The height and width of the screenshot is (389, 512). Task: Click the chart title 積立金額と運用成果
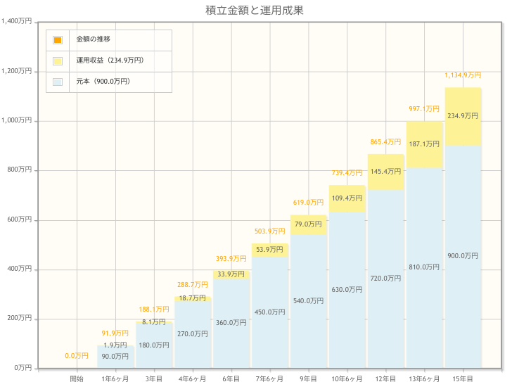[x=255, y=10]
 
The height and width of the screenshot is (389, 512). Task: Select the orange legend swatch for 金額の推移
[x=58, y=40]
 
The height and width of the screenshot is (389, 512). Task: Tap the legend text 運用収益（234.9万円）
[x=110, y=60]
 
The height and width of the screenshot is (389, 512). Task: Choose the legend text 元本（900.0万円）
[x=103, y=82]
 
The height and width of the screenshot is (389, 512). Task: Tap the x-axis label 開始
[x=77, y=379]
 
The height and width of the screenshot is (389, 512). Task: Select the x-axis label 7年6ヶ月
[x=270, y=379]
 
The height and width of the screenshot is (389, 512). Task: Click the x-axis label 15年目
[x=463, y=379]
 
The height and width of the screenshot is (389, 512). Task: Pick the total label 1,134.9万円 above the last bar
[x=463, y=75]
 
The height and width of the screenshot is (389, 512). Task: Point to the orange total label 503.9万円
[x=270, y=231]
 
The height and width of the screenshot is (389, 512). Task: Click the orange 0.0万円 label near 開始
[x=77, y=356]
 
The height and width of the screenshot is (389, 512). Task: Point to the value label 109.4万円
[x=347, y=198]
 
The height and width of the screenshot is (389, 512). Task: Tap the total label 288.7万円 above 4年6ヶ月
[x=193, y=285]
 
